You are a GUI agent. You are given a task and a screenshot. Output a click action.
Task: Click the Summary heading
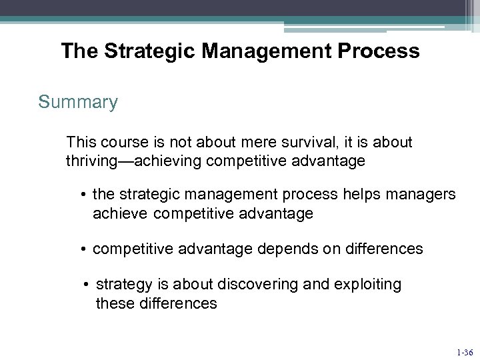coord(78,102)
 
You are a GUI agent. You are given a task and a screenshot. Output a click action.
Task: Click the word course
coord(117,142)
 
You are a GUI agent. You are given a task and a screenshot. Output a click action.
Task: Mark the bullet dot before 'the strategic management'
coord(84,195)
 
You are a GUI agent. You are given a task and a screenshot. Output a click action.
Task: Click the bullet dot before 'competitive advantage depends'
coord(84,249)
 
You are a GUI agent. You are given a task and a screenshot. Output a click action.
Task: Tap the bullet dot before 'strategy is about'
coord(87,285)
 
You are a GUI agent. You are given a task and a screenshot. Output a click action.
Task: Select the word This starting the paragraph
coord(80,142)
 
